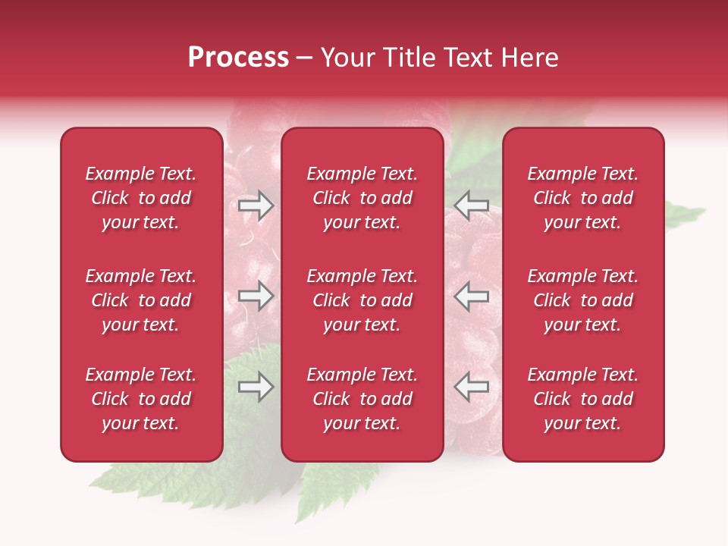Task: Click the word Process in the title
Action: (238, 58)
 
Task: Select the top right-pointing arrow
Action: (256, 206)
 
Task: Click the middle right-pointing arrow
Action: (256, 297)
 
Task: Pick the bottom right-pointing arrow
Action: (256, 388)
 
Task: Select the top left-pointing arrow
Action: (471, 206)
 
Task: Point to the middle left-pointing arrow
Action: (471, 297)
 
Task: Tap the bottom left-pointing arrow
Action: (471, 388)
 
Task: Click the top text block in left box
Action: (141, 198)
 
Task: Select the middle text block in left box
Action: (141, 300)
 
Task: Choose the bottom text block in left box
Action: (141, 399)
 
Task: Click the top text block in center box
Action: (362, 198)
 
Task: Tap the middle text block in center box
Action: (362, 300)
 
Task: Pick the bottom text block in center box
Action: (362, 399)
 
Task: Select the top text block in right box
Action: (582, 198)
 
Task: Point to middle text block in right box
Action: (582, 300)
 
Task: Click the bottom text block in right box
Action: (582, 399)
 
